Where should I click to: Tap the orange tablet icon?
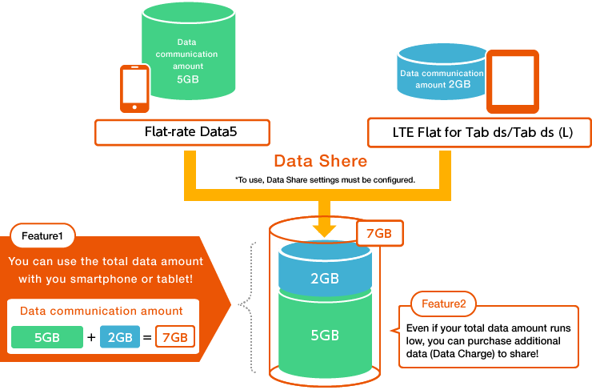pos(511,82)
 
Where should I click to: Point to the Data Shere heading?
pos(320,161)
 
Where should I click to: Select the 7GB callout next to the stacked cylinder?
pos(379,234)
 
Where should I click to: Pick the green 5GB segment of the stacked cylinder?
pos(324,334)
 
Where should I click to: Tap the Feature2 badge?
pos(443,304)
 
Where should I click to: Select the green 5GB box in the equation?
pos(47,337)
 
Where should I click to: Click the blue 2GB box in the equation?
pos(120,337)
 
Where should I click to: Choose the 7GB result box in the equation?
pos(175,337)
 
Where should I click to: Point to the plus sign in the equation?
pos(91,337)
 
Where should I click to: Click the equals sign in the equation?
pos(147,337)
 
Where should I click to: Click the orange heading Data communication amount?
pos(101,311)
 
